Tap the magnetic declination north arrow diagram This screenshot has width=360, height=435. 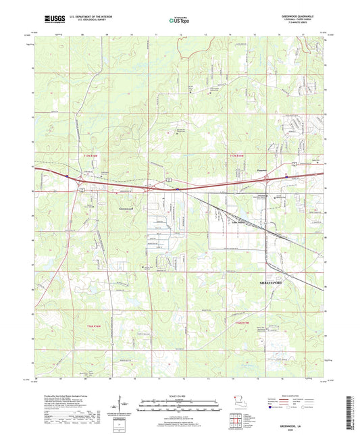[124, 405]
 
